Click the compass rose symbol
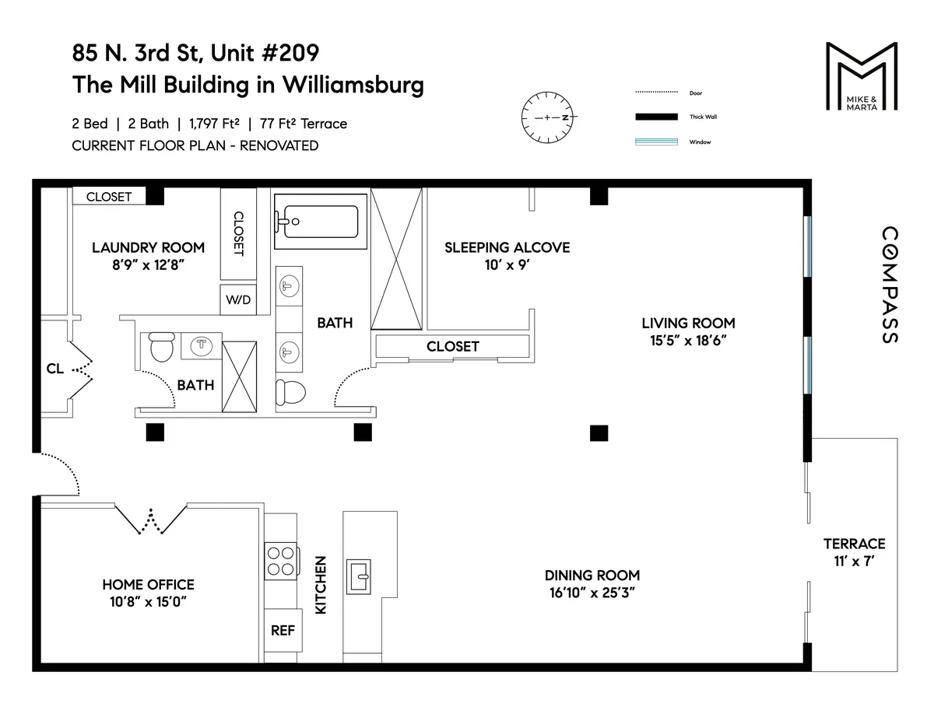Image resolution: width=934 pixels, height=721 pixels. coord(546,117)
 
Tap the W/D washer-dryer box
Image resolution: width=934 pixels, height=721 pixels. coord(238,300)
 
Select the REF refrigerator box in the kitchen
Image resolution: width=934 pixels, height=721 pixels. coord(283,630)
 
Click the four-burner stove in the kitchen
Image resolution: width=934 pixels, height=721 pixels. coord(281,561)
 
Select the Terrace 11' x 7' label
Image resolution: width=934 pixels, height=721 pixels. coord(854,551)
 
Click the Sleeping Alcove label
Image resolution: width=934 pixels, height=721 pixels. coord(507,247)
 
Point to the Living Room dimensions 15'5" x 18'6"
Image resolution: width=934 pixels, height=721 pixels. coord(688,341)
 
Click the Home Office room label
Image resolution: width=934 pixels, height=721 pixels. coord(148,584)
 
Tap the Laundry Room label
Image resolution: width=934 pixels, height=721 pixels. coord(148,247)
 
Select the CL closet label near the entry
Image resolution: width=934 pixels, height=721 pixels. coord(54,369)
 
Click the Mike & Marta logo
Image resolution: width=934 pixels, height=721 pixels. coord(861,78)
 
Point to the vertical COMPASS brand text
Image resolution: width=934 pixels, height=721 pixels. coord(889,285)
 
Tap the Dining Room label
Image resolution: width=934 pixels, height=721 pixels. coord(592,575)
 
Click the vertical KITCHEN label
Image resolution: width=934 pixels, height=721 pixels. coord(320,585)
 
